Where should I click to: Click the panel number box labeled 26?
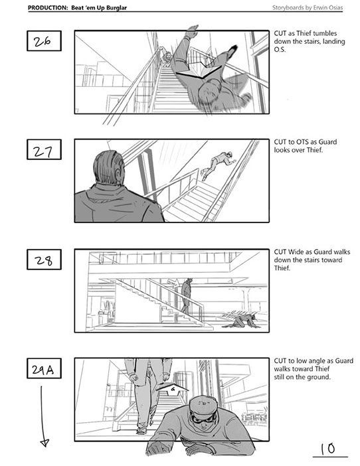pyautogui.click(x=44, y=40)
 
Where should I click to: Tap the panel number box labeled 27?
pyautogui.click(x=44, y=149)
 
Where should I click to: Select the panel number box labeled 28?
pyautogui.click(x=44, y=260)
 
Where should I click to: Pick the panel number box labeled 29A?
pyautogui.click(x=44, y=368)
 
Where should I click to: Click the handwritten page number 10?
pyautogui.click(x=328, y=449)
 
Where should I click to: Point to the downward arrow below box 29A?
pyautogui.click(x=42, y=416)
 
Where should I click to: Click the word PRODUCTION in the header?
pyautogui.click(x=48, y=8)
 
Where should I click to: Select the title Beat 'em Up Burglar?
pyautogui.click(x=99, y=8)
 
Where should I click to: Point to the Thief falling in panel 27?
pyautogui.click(x=218, y=165)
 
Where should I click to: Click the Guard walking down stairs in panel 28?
pyautogui.click(x=187, y=296)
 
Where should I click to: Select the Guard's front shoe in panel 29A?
pyautogui.click(x=141, y=430)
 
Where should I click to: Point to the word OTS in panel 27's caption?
pyautogui.click(x=303, y=142)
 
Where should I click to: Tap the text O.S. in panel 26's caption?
pyautogui.click(x=280, y=49)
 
